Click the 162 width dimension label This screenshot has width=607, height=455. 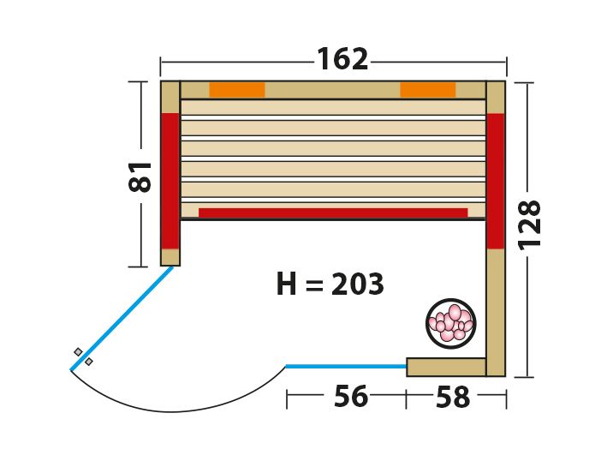[342, 59]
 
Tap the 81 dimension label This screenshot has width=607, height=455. [140, 177]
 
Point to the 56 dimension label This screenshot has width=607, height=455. [351, 396]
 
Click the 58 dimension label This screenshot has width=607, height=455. [453, 397]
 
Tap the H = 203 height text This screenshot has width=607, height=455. [330, 284]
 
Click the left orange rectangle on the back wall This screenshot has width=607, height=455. [237, 89]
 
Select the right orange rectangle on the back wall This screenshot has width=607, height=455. [428, 89]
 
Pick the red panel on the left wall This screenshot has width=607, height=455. [170, 181]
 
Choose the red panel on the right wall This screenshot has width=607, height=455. [496, 181]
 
